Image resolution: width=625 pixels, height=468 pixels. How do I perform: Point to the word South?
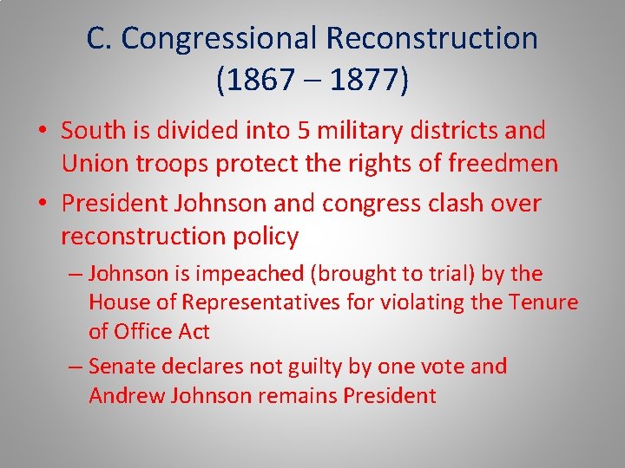coord(95,131)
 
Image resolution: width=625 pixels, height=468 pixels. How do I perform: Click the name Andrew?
coord(123,395)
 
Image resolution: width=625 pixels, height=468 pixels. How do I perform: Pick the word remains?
coord(297,395)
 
